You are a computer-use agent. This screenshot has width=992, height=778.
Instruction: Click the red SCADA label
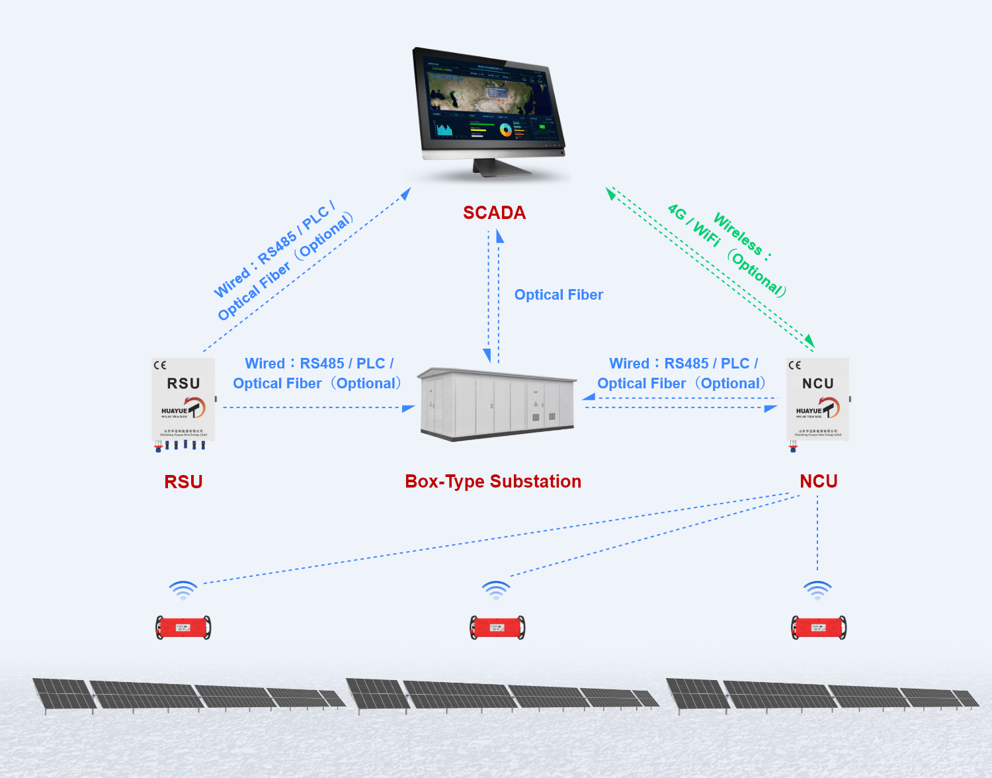pyautogui.click(x=494, y=213)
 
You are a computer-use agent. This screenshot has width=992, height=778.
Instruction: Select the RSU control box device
pyautogui.click(x=183, y=400)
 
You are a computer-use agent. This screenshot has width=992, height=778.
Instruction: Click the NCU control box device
pyautogui.click(x=817, y=400)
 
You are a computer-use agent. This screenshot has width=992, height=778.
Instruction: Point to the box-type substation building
pyautogui.click(x=497, y=404)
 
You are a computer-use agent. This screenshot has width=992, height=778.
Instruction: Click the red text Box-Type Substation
pyautogui.click(x=493, y=482)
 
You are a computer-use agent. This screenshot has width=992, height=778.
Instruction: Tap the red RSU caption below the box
pyautogui.click(x=183, y=482)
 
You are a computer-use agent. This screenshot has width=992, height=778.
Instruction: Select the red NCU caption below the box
pyautogui.click(x=818, y=482)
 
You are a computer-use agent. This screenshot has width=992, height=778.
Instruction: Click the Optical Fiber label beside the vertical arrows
pyautogui.click(x=558, y=295)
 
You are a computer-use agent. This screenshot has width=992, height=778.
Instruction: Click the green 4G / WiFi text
pyautogui.click(x=694, y=225)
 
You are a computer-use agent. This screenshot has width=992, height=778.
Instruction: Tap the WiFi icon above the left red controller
pyautogui.click(x=183, y=589)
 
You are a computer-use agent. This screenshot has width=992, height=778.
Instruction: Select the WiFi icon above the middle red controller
pyautogui.click(x=496, y=589)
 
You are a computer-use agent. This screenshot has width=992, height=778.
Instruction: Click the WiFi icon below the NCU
pyautogui.click(x=817, y=589)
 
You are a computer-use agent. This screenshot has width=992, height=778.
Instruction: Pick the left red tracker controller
pyautogui.click(x=183, y=627)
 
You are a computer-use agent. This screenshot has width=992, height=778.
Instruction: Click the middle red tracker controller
pyautogui.click(x=497, y=627)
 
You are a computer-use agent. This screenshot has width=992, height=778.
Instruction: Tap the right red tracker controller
pyautogui.click(x=819, y=627)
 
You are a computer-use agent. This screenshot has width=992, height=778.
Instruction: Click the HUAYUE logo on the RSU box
pyautogui.click(x=183, y=408)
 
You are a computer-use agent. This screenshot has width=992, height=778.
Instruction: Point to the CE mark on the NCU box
pyautogui.click(x=794, y=365)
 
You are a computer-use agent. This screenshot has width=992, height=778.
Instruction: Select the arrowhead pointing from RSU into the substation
pyautogui.click(x=408, y=408)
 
